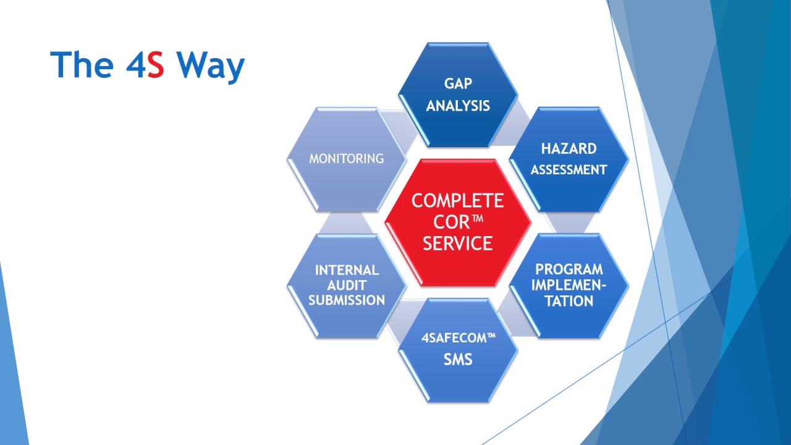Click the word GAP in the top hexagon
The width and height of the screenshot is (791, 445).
pyautogui.click(x=458, y=83)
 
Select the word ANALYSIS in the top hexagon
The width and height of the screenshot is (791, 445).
pyautogui.click(x=458, y=106)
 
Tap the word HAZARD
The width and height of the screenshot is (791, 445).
pyautogui.click(x=569, y=149)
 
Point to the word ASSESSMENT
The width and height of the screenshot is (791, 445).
pyautogui.click(x=569, y=170)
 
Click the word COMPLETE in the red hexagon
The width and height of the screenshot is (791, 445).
pyautogui.click(x=458, y=201)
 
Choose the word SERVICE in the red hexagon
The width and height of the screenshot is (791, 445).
pyautogui.click(x=458, y=244)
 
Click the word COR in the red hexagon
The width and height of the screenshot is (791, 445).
pyautogui.click(x=451, y=222)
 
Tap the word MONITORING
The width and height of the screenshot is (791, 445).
pyautogui.click(x=347, y=159)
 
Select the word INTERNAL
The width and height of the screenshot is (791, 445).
pyautogui.click(x=347, y=270)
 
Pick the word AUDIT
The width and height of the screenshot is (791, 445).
pyautogui.click(x=347, y=286)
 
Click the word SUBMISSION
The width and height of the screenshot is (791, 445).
pyautogui.click(x=347, y=300)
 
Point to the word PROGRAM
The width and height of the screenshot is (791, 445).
pyautogui.click(x=569, y=269)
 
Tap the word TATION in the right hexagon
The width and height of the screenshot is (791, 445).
pyautogui.click(x=569, y=301)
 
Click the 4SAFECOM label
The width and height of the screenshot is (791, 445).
pyautogui.click(x=458, y=338)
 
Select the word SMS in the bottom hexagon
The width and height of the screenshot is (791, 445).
pyautogui.click(x=458, y=360)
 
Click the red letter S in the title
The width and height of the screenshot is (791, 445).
pyautogui.click(x=156, y=65)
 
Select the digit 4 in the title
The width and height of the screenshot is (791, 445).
pyautogui.click(x=135, y=65)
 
